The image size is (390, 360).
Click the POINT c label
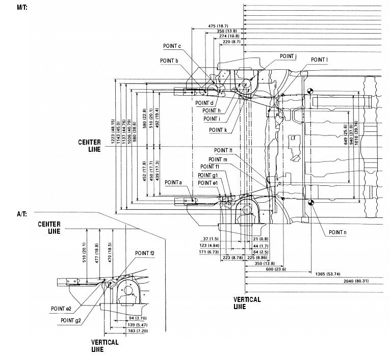[172, 46]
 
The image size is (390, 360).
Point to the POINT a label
[173, 182]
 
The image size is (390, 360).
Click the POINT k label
[218, 130]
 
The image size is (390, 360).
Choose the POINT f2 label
[145, 253]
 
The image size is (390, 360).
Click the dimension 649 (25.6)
[359, 134]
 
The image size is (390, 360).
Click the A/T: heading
[9, 214]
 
